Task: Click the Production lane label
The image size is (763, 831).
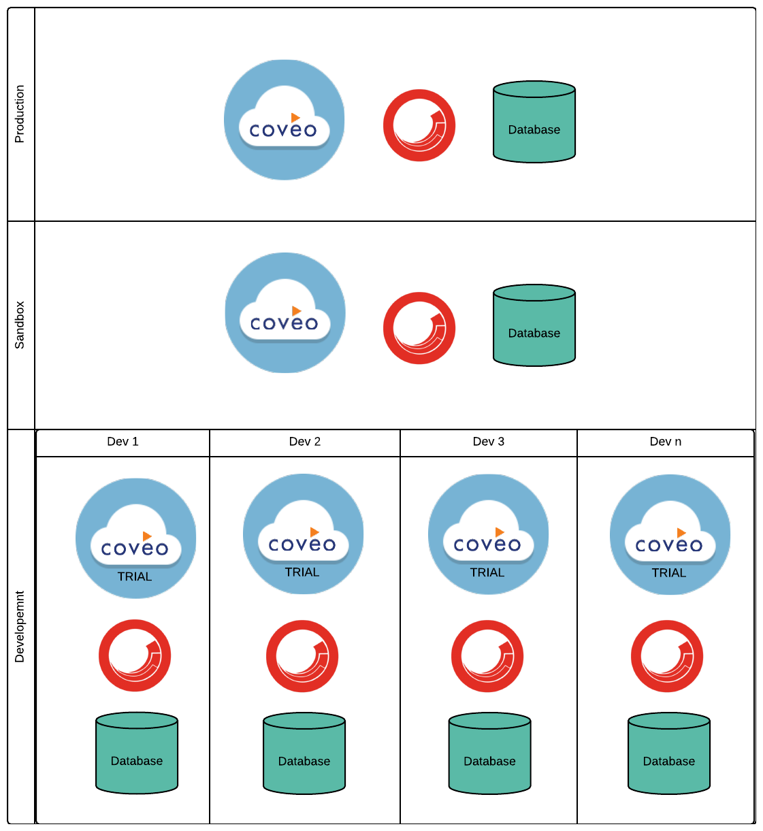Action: pyautogui.click(x=20, y=114)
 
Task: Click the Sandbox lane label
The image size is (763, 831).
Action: pyautogui.click(x=20, y=325)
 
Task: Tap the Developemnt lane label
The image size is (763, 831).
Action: pyautogui.click(x=20, y=626)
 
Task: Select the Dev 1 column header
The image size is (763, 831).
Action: pyautogui.click(x=123, y=442)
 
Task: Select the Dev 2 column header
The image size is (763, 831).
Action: pyautogui.click(x=304, y=442)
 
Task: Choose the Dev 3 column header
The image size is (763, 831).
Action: pyautogui.click(x=488, y=442)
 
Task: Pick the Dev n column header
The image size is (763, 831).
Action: pyautogui.click(x=665, y=442)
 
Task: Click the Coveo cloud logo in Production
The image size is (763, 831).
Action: pyautogui.click(x=284, y=120)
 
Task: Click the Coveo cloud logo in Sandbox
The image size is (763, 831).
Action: pyautogui.click(x=285, y=313)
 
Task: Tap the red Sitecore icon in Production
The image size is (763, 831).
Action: pyautogui.click(x=419, y=125)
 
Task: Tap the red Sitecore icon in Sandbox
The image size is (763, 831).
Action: pyautogui.click(x=419, y=328)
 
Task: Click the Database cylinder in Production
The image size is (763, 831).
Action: pyautogui.click(x=534, y=123)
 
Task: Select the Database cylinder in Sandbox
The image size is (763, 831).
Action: pyautogui.click(x=534, y=326)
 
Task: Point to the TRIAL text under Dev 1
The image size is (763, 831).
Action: pyautogui.click(x=135, y=576)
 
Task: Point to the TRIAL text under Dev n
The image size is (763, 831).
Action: pyautogui.click(x=668, y=573)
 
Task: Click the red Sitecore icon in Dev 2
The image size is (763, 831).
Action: pyautogui.click(x=302, y=656)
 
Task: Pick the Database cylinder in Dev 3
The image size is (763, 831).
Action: pyautogui.click(x=489, y=753)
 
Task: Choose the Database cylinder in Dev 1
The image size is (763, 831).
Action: pyautogui.click(x=137, y=753)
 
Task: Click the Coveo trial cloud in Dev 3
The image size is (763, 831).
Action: pyautogui.click(x=488, y=534)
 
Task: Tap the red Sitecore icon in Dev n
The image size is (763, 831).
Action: pyautogui.click(x=667, y=656)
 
